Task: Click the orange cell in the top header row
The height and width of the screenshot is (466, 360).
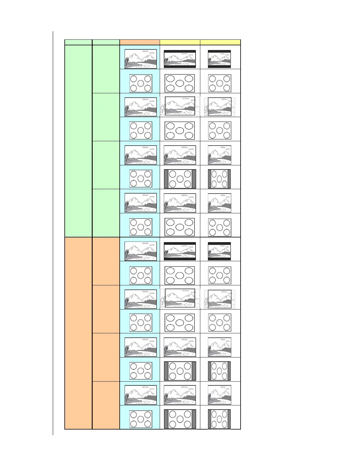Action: point(140,42)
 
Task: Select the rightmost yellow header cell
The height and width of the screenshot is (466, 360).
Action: point(220,42)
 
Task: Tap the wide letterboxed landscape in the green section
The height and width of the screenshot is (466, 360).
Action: point(180,59)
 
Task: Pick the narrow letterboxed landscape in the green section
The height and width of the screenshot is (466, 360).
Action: point(219,59)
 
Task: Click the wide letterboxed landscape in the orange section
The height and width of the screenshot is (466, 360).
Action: point(180,251)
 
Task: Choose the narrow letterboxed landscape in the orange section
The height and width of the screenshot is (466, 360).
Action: point(219,251)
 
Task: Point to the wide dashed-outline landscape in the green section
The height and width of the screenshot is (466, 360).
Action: point(180,106)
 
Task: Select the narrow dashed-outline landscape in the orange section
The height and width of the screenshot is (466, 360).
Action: point(220,299)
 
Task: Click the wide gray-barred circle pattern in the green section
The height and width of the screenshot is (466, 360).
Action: point(180,179)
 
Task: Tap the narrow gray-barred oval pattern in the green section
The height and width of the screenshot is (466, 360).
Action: point(219,179)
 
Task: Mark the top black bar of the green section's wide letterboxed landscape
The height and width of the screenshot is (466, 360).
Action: point(180,51)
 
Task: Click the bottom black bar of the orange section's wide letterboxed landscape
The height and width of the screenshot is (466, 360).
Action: point(180,259)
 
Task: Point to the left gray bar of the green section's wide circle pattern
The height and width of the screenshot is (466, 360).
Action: point(166,179)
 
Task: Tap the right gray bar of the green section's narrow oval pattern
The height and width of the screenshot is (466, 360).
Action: point(229,179)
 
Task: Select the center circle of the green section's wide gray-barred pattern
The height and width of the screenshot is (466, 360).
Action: point(180,179)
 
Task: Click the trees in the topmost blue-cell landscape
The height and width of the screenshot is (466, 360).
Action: point(127,61)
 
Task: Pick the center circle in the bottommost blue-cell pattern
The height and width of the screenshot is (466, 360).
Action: point(141,419)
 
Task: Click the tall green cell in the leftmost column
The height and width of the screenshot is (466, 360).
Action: point(78,141)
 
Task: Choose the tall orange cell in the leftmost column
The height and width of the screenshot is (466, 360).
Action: point(78,333)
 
